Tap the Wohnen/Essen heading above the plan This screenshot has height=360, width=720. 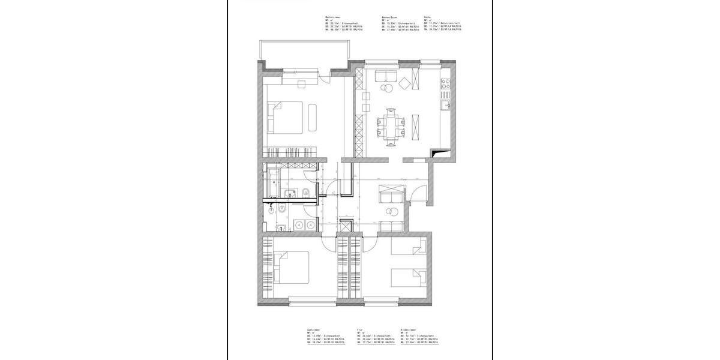389,17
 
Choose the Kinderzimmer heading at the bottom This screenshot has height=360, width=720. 410,330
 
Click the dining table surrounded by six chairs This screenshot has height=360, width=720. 391,126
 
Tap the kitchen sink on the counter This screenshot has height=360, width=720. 445,106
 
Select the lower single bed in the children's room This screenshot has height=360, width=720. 409,278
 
